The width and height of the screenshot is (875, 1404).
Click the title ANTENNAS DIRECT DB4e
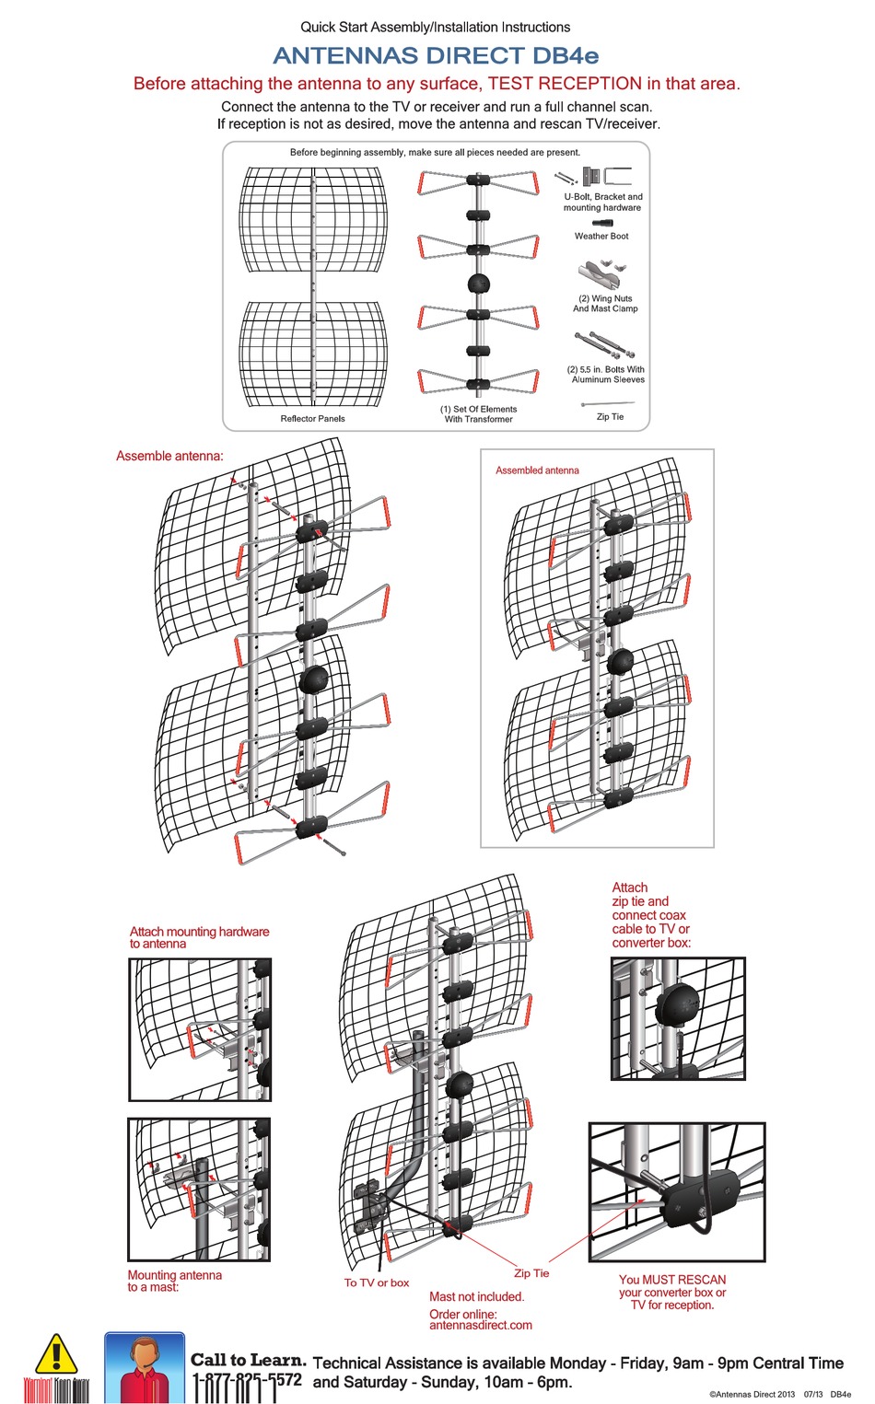(436, 56)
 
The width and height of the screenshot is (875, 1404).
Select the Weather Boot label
(601, 237)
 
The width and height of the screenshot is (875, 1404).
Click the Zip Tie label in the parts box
(610, 417)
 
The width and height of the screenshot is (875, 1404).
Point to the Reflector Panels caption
(312, 419)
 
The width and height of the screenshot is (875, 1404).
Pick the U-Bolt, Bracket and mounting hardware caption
(603, 203)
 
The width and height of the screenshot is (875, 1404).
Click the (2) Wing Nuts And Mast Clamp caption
(605, 304)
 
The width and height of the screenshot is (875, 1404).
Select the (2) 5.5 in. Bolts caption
(606, 375)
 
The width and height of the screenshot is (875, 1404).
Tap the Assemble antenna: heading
(169, 456)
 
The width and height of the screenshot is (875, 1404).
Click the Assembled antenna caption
(537, 470)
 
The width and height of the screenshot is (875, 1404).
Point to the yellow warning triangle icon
(55, 1354)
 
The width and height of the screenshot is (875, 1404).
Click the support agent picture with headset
(145, 1368)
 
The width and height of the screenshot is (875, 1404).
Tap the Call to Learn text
(248, 1360)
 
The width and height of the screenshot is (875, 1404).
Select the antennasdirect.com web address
(481, 1326)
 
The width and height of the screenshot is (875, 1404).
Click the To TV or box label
(377, 1282)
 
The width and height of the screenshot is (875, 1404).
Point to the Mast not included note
(476, 1297)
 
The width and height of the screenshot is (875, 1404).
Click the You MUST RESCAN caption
(672, 1281)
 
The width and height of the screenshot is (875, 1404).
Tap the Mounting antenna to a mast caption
(174, 1281)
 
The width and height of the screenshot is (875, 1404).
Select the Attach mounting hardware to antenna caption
(199, 937)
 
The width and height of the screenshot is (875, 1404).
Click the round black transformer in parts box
(478, 284)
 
